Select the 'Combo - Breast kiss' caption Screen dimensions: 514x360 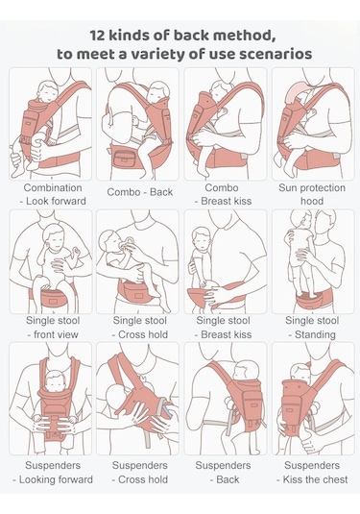point(225,195)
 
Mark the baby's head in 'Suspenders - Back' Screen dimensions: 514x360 point(246,372)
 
